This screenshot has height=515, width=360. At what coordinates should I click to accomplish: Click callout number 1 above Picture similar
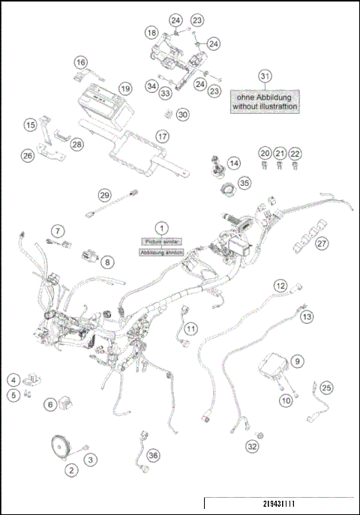(x=160, y=226)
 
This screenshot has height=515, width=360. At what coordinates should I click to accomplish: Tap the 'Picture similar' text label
(x=160, y=241)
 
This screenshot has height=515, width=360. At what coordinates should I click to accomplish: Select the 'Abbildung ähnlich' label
(x=160, y=253)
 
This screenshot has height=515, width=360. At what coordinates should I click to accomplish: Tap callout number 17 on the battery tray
(x=162, y=137)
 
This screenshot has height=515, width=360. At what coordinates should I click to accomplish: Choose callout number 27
(x=322, y=244)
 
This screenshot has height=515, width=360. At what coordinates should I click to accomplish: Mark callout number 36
(x=153, y=455)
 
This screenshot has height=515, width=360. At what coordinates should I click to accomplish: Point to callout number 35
(x=244, y=183)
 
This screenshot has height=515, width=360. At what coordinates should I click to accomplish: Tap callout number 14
(x=235, y=163)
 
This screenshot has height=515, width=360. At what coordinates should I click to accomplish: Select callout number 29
(x=105, y=195)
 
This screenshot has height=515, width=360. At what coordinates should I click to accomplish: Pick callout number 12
(x=280, y=286)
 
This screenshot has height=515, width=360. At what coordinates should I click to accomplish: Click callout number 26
(x=28, y=156)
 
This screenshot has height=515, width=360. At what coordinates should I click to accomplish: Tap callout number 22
(x=295, y=153)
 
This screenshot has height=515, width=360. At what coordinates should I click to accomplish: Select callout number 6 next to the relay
(x=51, y=404)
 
